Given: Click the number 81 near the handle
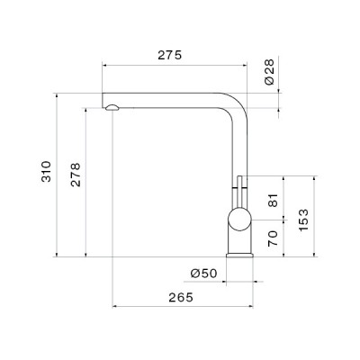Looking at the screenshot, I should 274,201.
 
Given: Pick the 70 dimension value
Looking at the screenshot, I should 274,238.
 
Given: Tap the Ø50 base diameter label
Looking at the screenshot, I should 202,273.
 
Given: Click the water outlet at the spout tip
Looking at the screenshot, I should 111,107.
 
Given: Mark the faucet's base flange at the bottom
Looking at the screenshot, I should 238,254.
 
